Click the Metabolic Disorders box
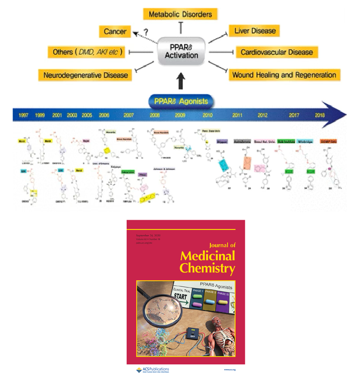(180, 14)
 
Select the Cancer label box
(115, 31)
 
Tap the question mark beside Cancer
(146, 32)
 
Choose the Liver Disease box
(255, 31)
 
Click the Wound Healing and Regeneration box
(284, 75)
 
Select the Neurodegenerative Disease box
(85, 75)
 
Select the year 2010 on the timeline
(208, 116)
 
